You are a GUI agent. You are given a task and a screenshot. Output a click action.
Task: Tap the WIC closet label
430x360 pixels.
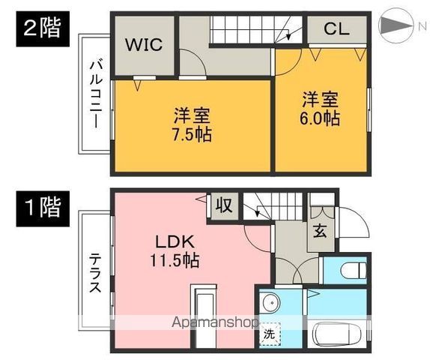(142, 43)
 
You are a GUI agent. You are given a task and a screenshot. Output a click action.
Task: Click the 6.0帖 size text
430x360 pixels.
(321, 118)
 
